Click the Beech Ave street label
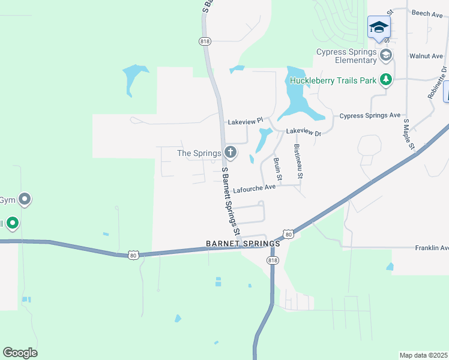tap(427, 13)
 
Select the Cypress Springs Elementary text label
tap(347, 56)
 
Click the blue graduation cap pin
tap(379, 27)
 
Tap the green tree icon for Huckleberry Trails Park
tap(385, 80)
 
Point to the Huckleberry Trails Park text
tap(333, 80)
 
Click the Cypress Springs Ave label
tap(370, 115)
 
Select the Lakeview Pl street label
tap(246, 121)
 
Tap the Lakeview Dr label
tap(303, 131)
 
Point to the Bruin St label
tap(277, 169)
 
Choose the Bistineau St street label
tap(298, 162)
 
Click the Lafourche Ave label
tap(254, 187)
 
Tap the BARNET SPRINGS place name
tap(243, 244)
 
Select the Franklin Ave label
tap(432, 248)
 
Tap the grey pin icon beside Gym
tap(25, 199)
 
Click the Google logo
tap(20, 353)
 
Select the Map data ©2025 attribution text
tap(423, 355)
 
